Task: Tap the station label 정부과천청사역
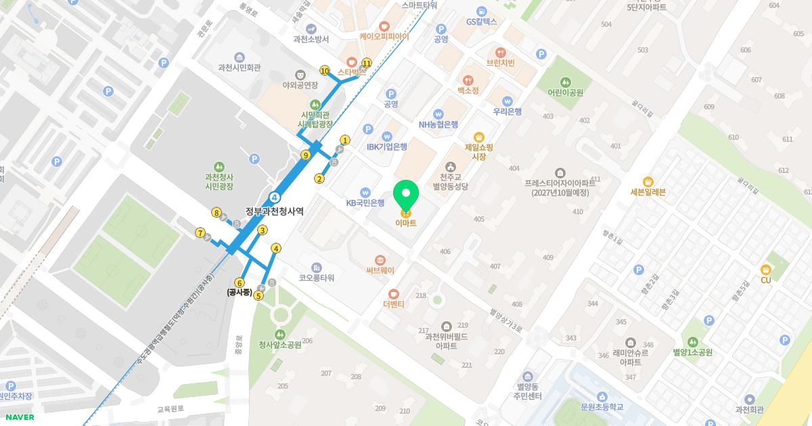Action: pos(275,211)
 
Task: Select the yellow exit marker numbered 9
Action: pos(305,156)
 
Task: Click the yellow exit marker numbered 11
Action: pos(367,63)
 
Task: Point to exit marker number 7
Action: pos(200,233)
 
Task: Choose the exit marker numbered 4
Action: pos(275,248)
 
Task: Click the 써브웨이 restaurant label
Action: pos(380,270)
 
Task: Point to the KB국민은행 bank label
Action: pos(365,203)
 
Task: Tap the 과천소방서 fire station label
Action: pos(311,39)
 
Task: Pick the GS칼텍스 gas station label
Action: pos(481,22)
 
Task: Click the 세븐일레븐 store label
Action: pos(648,192)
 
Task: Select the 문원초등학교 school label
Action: pos(602,407)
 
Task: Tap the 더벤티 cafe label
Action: pos(393,304)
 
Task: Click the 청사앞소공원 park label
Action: pos(280,345)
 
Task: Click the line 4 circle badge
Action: pos(275,197)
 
